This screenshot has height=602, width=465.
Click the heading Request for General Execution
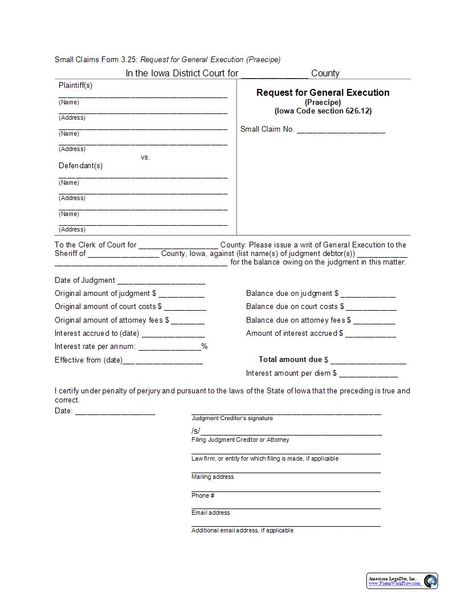point(323,92)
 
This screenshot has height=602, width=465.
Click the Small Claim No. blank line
point(341,131)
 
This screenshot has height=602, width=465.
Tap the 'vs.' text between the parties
point(145,157)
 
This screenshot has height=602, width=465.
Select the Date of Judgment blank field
point(161,282)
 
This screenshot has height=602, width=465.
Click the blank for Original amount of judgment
point(181,295)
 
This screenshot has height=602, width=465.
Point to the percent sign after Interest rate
point(204,347)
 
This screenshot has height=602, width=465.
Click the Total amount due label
point(290,360)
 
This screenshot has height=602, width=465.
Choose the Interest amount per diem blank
point(368,375)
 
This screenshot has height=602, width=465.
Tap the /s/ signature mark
point(195,431)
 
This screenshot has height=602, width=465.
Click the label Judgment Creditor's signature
point(232,418)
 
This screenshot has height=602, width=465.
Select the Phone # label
point(203,495)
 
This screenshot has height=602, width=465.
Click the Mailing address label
point(213,477)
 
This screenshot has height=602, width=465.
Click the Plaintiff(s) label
point(75,86)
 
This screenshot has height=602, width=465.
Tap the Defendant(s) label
point(80,166)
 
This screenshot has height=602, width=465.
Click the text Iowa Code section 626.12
point(323,111)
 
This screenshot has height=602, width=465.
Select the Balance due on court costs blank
point(372,308)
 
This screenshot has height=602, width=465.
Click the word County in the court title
point(325,73)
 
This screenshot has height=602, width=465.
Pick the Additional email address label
point(242,530)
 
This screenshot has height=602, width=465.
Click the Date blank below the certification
point(115,412)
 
